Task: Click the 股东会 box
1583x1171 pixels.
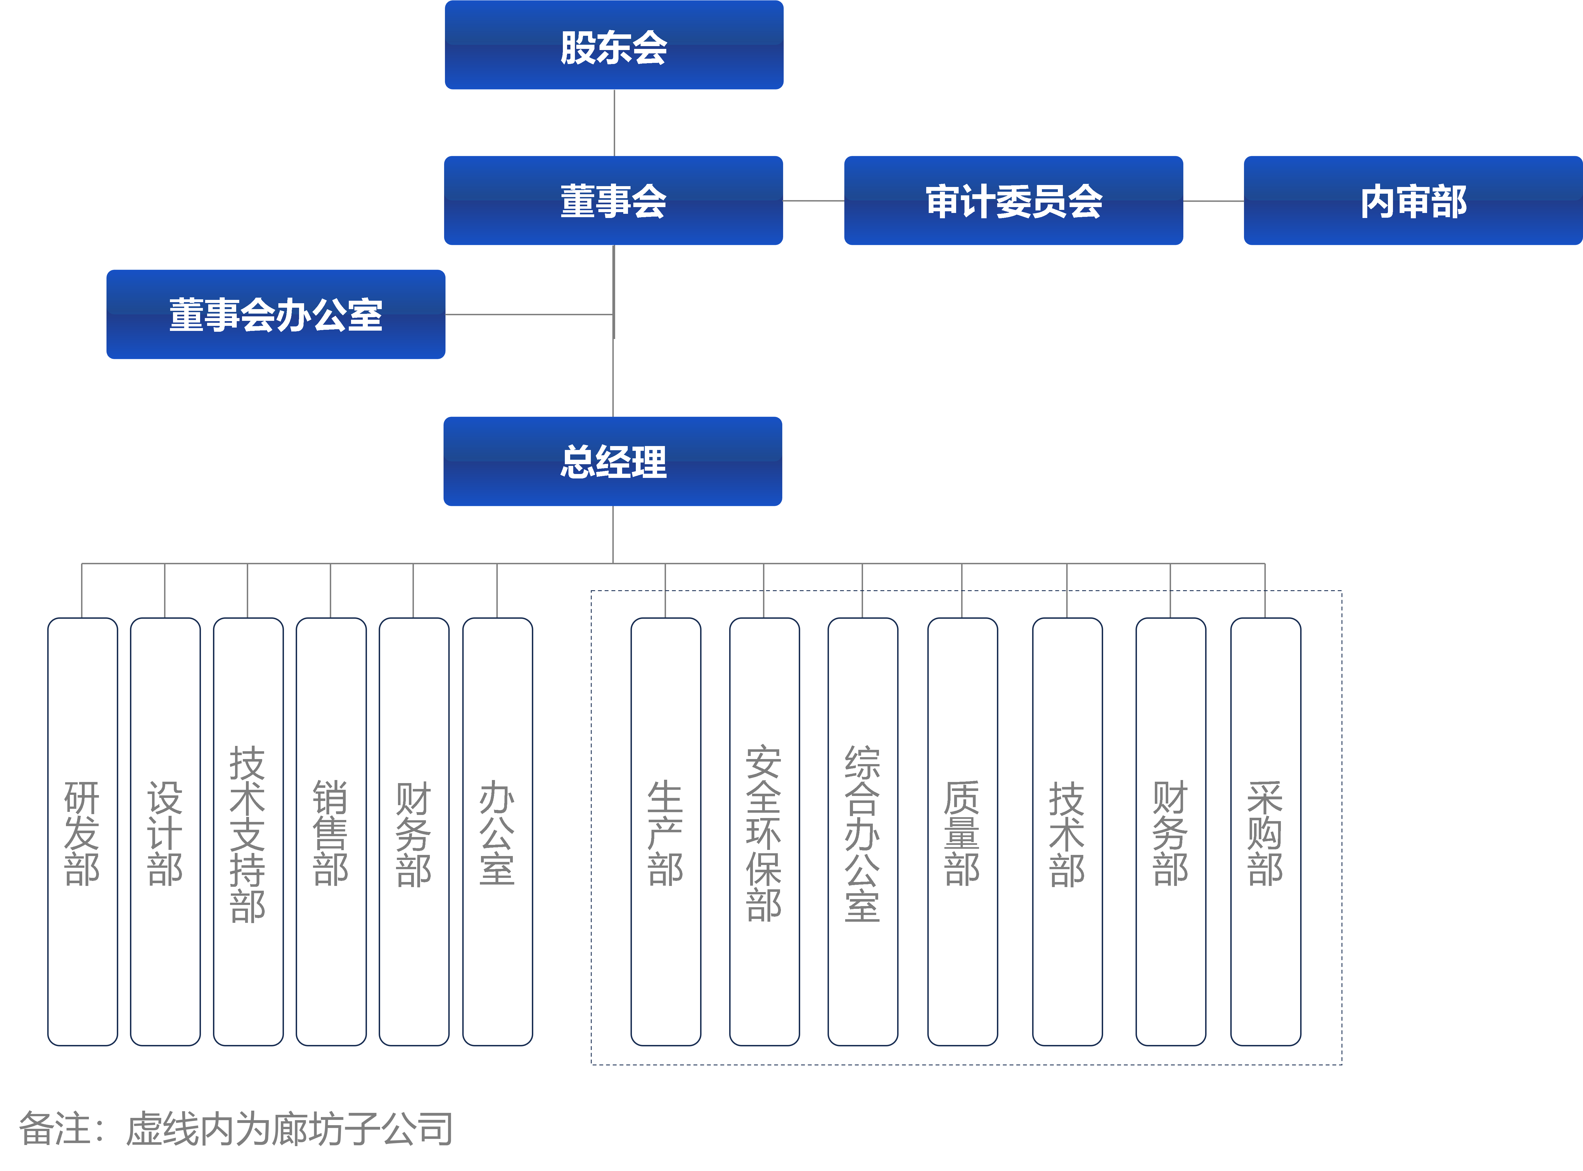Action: point(614,45)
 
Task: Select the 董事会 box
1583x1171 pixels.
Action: point(613,201)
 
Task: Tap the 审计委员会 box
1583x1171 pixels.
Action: point(1013,201)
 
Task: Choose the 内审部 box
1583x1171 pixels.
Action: point(1413,201)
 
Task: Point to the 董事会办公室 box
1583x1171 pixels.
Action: point(276,314)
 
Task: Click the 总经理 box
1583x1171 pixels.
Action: point(613,461)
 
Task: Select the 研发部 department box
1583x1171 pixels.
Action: point(82,831)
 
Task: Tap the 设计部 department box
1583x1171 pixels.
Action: point(165,831)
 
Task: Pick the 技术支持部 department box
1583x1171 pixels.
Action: point(248,831)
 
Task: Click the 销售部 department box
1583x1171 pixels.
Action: point(331,831)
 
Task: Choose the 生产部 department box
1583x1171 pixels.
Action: point(666,831)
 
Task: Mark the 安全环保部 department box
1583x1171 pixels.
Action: point(764,831)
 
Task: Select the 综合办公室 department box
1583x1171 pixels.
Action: point(863,831)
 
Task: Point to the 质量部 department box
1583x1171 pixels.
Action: point(963,831)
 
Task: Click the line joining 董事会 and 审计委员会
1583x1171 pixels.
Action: point(813,201)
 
